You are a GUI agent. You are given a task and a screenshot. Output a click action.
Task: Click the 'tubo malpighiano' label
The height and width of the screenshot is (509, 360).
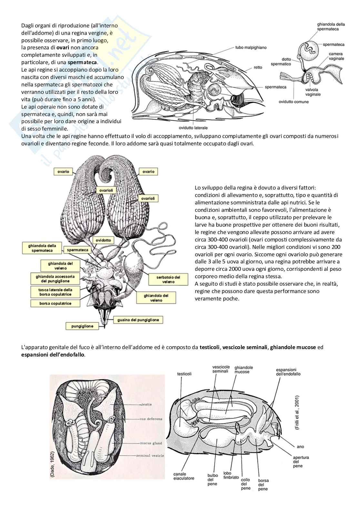point(251,47)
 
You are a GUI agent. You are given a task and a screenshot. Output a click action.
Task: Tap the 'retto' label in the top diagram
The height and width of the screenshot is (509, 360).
point(258,67)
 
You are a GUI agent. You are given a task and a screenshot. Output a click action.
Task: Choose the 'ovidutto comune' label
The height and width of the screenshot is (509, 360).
point(294,102)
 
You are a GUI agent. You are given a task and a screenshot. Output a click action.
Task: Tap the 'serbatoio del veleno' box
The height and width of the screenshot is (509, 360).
point(168,279)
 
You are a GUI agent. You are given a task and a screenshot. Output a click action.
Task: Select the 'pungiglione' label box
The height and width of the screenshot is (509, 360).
point(82,326)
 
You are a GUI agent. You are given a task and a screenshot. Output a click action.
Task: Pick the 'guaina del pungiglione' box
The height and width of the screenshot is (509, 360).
point(138,320)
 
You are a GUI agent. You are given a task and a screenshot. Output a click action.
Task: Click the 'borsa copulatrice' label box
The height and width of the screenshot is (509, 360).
point(55,303)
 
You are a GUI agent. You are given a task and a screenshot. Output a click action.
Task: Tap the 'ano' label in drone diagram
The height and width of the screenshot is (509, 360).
point(300,446)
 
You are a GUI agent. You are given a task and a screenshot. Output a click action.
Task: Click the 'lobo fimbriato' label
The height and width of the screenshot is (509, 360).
point(231,475)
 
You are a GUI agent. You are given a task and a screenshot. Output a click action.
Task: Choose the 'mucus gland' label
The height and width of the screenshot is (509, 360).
point(151,443)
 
